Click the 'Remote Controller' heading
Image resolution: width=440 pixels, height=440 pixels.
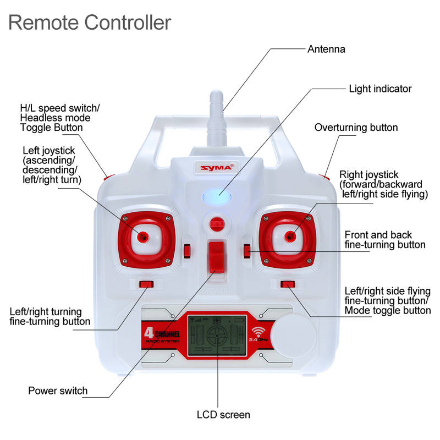(x=90, y=23)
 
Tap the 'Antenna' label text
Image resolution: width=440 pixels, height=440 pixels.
(x=326, y=49)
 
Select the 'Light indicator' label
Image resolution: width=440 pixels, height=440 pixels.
(x=380, y=89)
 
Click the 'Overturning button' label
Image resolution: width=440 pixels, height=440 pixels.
(x=356, y=128)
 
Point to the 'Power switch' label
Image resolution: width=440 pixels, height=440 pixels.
(x=58, y=391)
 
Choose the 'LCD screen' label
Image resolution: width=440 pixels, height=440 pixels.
(x=223, y=415)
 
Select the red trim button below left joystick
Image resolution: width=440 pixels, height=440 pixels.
(x=146, y=284)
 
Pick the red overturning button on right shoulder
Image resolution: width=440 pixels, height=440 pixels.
(x=324, y=177)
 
